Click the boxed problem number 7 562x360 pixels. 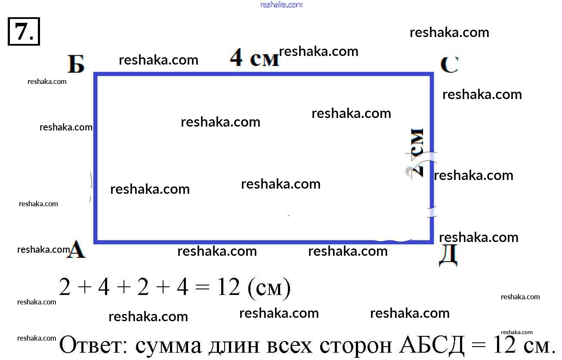(24, 31)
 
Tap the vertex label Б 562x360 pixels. (76, 65)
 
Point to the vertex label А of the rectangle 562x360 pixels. (76, 250)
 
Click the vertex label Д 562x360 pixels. (448, 257)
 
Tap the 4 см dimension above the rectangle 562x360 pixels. (254, 58)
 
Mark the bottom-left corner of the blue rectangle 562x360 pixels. (96, 241)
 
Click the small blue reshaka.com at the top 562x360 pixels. (281, 5)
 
